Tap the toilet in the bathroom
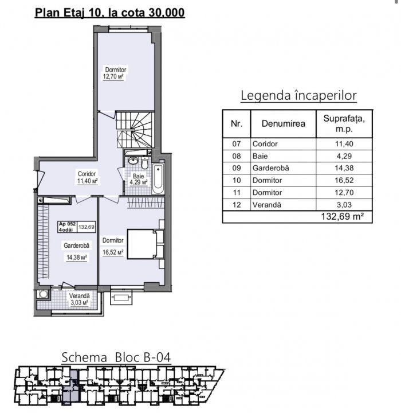(x=145, y=163)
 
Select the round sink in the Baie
(x=133, y=161)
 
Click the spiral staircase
(x=135, y=130)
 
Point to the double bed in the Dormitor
(x=146, y=244)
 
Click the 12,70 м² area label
(x=113, y=77)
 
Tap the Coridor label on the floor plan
(x=87, y=174)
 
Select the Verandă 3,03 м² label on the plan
(x=79, y=299)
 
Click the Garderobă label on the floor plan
(x=76, y=246)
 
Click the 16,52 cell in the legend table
(x=344, y=181)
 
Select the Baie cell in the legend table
(x=260, y=156)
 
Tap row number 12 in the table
(x=237, y=205)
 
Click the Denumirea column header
(x=284, y=123)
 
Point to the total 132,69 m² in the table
(x=343, y=216)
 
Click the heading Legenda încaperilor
(x=298, y=95)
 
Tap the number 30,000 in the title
(x=167, y=13)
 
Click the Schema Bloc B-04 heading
(x=116, y=357)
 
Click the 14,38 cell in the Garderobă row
(x=344, y=168)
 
